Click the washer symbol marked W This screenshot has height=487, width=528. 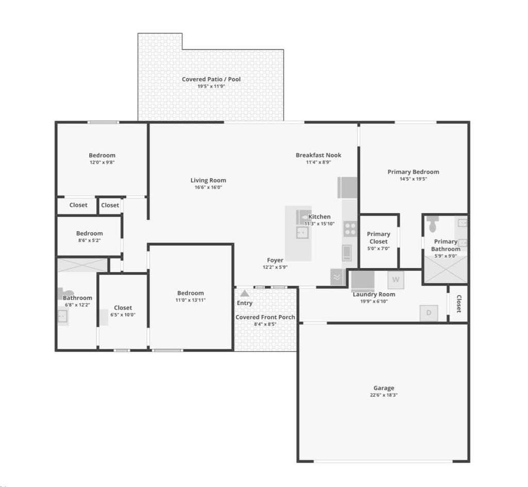396,280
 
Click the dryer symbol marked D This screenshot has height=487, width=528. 428,313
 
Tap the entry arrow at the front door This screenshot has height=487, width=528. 244,293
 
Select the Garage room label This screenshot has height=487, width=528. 384,388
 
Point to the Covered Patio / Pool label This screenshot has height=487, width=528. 211,79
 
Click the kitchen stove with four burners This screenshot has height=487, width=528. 350,228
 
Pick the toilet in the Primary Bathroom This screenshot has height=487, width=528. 433,224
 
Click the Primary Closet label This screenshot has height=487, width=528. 378,238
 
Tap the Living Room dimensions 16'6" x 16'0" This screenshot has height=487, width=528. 208,187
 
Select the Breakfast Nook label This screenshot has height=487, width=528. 318,155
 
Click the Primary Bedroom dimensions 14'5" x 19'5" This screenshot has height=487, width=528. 414,179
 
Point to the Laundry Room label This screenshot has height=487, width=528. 374,294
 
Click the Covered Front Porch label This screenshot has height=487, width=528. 265,317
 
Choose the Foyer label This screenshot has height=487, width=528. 275,260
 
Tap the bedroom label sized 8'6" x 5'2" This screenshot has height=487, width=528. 89,233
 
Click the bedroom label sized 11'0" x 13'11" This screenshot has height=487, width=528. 191,293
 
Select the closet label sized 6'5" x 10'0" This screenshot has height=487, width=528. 123,308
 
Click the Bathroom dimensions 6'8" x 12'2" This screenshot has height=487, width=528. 77,305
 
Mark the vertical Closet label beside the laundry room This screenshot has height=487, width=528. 458,304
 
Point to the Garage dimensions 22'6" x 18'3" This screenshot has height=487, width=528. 384,395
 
